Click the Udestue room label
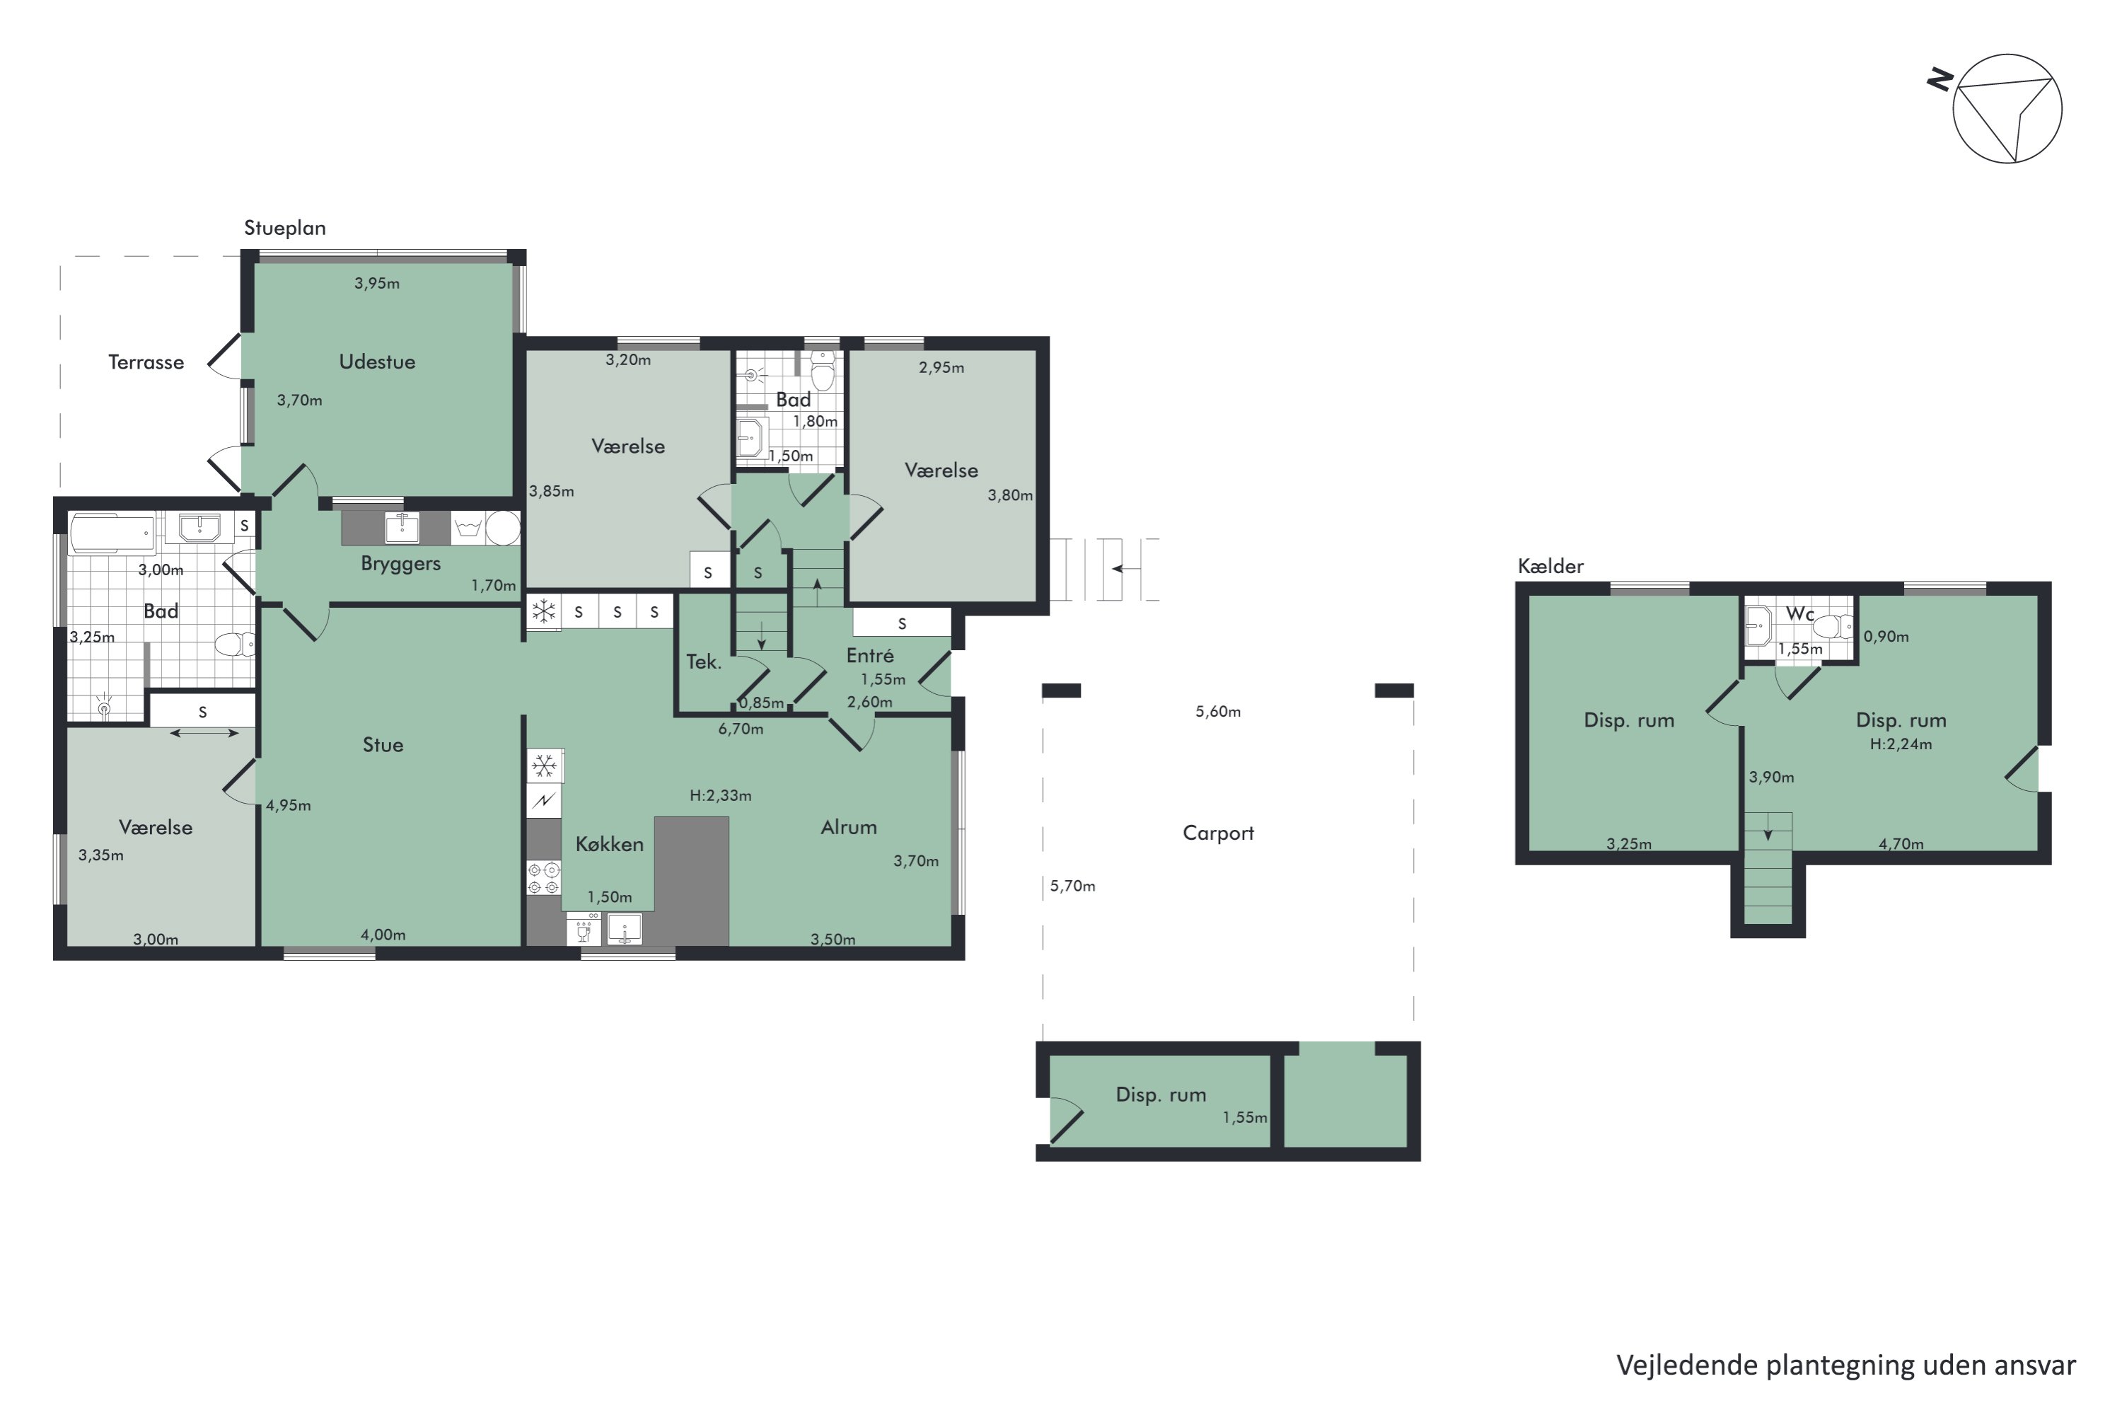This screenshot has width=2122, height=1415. [377, 362]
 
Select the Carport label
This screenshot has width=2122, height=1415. [1218, 833]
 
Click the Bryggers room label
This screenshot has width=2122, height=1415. [400, 564]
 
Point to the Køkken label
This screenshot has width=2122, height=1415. [610, 844]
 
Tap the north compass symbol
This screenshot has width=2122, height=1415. [1995, 108]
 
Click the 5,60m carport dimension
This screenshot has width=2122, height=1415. [1218, 712]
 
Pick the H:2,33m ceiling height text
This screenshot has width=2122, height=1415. [720, 796]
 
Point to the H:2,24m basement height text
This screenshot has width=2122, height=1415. [1901, 744]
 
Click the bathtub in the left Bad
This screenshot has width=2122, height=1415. [112, 534]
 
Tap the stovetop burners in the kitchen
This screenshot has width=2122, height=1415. [544, 878]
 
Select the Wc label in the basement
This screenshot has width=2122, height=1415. [1800, 613]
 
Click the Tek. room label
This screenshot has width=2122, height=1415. [704, 662]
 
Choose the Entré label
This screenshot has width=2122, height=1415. [870, 655]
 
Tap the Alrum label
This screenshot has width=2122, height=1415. [849, 826]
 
